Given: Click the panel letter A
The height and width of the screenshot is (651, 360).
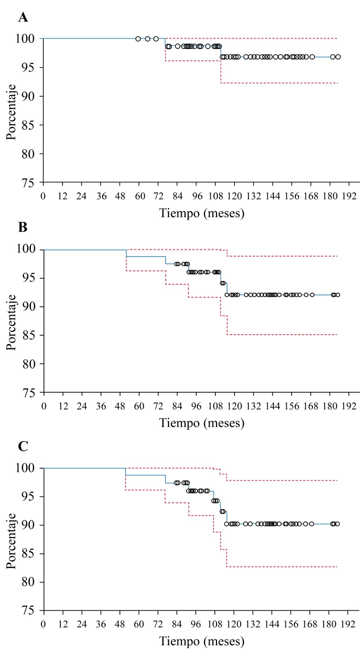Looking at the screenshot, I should tap(23, 17).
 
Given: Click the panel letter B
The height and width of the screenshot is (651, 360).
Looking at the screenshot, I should tap(23, 227).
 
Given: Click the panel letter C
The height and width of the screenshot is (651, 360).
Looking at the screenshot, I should tap(23, 446).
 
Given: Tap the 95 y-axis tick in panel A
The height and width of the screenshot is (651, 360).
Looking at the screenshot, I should tap(27, 68).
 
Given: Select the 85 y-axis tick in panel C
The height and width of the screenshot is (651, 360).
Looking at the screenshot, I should tap(27, 554).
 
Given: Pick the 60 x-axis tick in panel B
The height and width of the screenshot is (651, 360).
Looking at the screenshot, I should tap(139, 406).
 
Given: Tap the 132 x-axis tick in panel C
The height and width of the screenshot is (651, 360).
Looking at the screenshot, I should tap(253, 624).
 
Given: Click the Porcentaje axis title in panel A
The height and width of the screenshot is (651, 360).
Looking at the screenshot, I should tap(11, 112).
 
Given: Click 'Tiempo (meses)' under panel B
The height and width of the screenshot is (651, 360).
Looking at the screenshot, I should tap(202, 423).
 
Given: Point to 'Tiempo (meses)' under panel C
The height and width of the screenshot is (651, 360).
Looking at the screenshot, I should tap(202, 641).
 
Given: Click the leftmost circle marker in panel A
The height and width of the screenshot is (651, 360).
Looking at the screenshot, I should tap(138, 39).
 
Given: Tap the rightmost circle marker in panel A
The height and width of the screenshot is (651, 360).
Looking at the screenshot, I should tap(338, 57).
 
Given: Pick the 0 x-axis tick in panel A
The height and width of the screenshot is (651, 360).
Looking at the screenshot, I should tap(43, 196).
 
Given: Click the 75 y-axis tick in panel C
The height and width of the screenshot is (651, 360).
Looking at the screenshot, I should tap(27, 611).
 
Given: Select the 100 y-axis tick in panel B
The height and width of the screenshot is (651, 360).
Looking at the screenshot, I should tap(25, 249).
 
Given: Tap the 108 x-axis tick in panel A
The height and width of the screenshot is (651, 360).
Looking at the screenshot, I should tap(216, 196).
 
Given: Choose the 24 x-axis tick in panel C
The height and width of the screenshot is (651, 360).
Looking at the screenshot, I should tap(82, 624).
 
